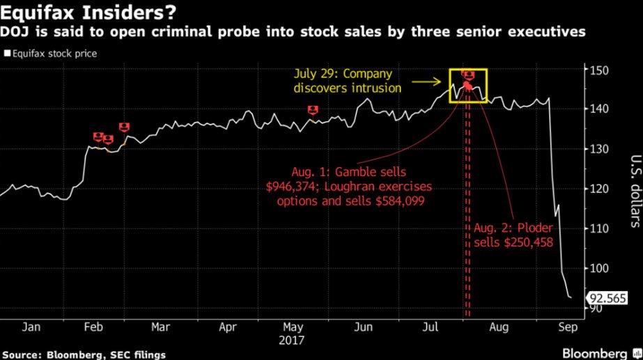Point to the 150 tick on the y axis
tap(598, 70)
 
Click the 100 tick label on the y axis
tap(598, 269)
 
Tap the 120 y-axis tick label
tap(598, 189)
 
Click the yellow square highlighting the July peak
tap(467, 86)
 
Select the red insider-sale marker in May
tap(313, 110)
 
